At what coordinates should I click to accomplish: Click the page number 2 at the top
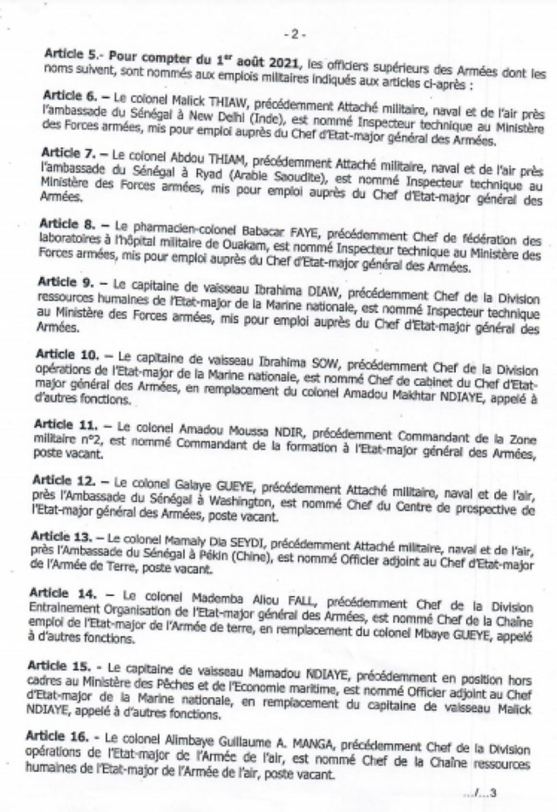pyautogui.click(x=295, y=34)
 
